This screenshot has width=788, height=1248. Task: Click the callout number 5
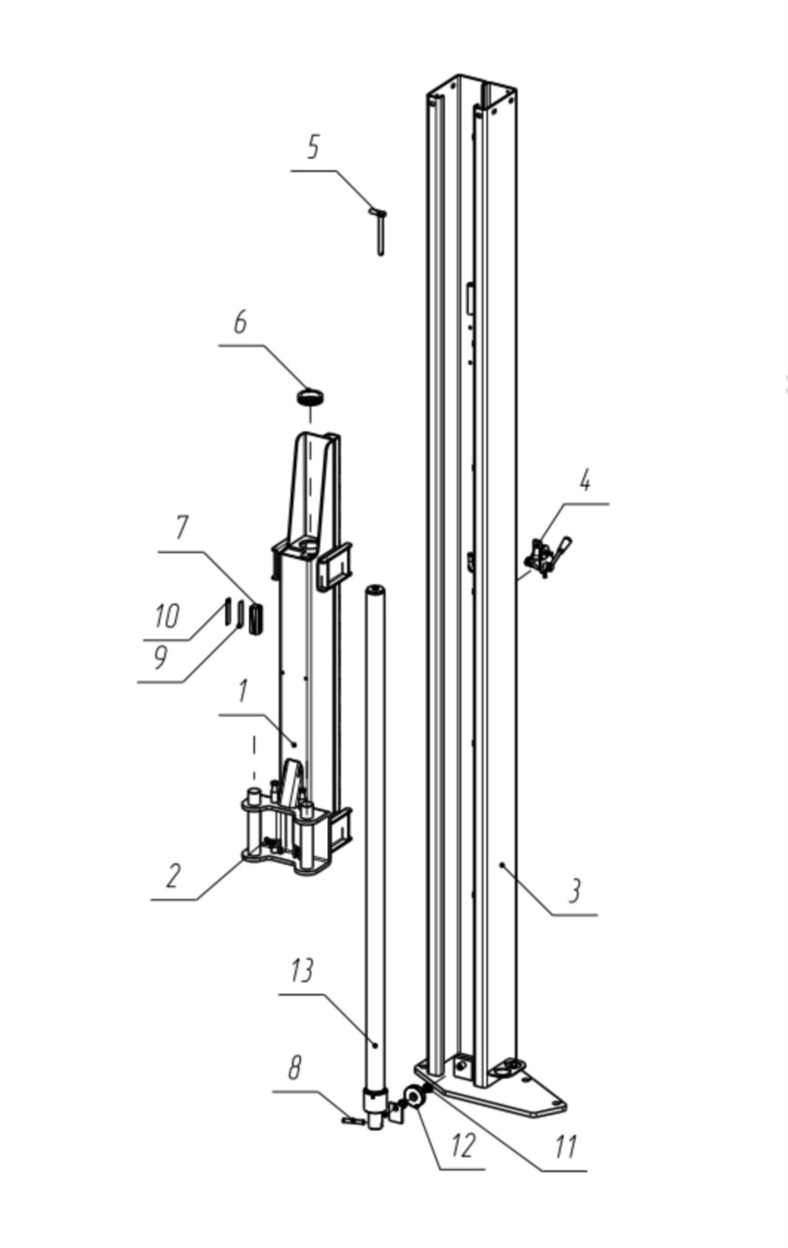313,147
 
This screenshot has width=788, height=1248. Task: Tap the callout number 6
239,322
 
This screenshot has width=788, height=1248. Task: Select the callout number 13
302,971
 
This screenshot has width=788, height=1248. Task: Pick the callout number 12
463,1146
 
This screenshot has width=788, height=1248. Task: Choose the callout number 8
294,1068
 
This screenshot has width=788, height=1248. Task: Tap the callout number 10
167,615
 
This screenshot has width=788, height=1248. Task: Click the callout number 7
181,528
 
